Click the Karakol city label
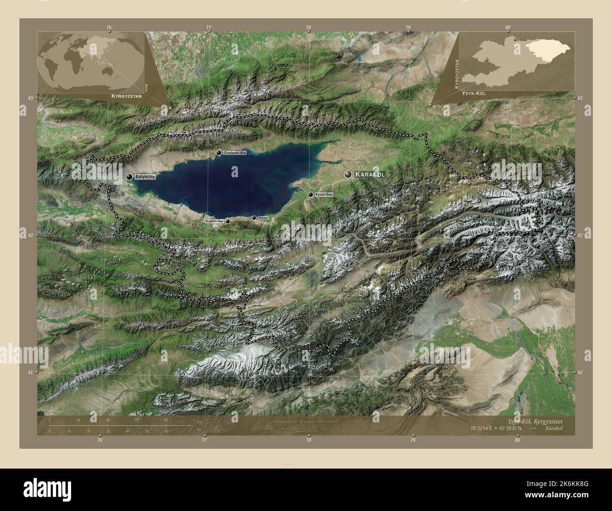pyautogui.click(x=370, y=174)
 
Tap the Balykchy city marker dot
pyautogui.click(x=129, y=176)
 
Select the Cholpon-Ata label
pyautogui.click(x=235, y=153)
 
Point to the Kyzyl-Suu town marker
pyautogui.click(x=310, y=195)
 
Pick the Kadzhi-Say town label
pyautogui.click(x=214, y=221)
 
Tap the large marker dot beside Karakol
pyautogui.click(x=348, y=174)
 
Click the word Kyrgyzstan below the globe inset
pyautogui.click(x=124, y=96)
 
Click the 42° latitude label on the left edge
pyautogui.click(x=30, y=235)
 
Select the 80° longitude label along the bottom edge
pyautogui.click(x=517, y=440)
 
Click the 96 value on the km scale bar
pyautogui.click(x=166, y=420)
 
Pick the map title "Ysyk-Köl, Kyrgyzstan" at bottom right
pyautogui.click(x=534, y=420)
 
